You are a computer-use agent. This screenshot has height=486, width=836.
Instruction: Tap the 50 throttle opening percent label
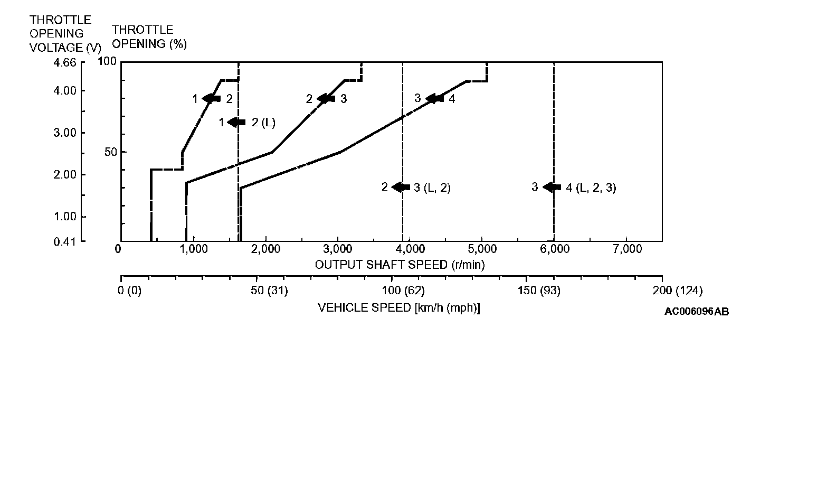(110, 152)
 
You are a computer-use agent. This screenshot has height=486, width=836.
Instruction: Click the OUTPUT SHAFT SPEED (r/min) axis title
(400, 265)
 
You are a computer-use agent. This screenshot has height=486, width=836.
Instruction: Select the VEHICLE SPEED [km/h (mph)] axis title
(398, 308)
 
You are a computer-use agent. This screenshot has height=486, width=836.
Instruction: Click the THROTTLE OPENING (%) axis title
(149, 37)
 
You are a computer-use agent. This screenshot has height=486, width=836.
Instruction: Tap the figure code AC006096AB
(697, 312)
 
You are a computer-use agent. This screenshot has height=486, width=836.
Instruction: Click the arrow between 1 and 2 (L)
(236, 123)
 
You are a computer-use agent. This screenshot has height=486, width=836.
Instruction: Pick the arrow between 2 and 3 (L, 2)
(401, 187)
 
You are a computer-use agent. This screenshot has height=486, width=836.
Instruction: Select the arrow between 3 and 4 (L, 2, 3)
(552, 187)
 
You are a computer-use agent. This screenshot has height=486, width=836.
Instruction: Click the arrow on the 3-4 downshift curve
(435, 99)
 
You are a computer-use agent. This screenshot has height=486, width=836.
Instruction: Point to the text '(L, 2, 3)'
(596, 188)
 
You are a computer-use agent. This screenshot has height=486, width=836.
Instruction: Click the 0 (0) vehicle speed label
(129, 291)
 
